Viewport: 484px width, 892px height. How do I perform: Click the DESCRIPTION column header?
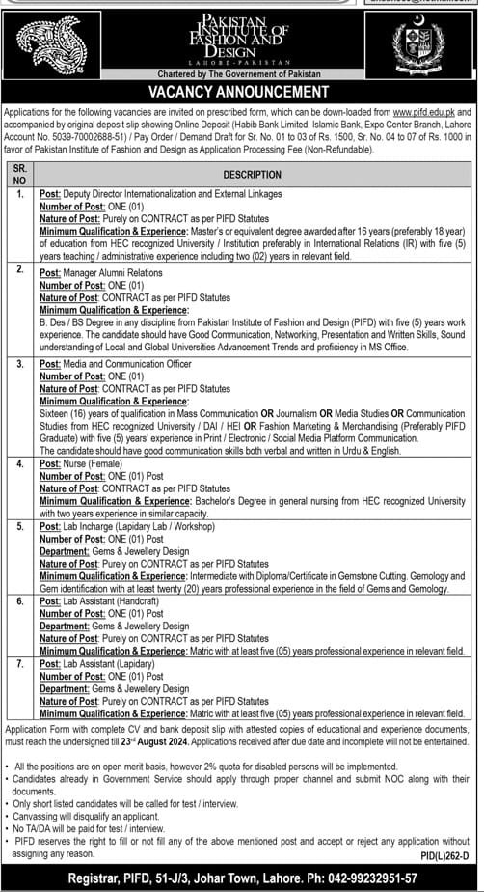pos(253,175)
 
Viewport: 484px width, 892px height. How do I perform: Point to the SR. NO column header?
pos(19,175)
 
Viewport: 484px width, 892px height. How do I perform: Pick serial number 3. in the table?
pos(19,364)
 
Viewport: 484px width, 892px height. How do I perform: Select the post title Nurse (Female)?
pos(97,463)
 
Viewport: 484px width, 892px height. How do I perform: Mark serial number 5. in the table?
pos(19,526)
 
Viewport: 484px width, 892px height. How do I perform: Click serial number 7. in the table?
pos(19,665)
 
